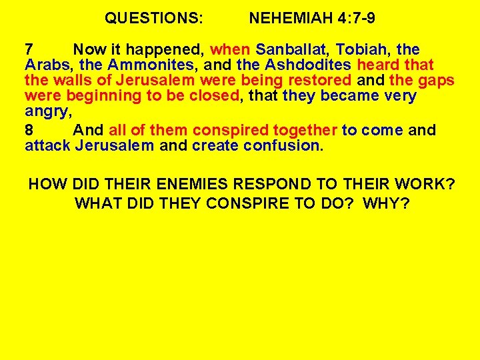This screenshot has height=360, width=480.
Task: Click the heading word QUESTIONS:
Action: click(154, 19)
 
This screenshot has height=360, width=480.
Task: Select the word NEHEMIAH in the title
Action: click(288, 19)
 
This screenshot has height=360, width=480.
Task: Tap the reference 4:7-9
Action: click(353, 19)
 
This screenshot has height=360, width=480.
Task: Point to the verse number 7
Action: click(29, 49)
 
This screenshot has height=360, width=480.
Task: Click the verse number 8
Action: click(29, 130)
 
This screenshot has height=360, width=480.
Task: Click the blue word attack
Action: click(47, 146)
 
